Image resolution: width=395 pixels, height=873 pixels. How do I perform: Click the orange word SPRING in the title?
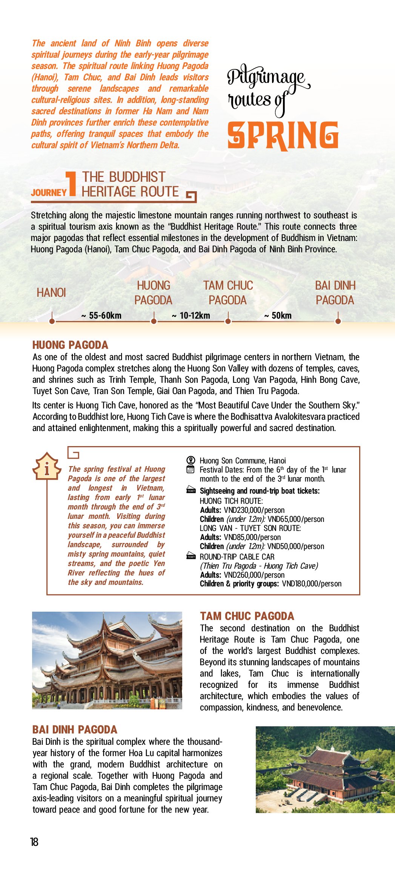tap(283, 136)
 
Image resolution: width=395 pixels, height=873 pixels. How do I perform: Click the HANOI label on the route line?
tap(51, 293)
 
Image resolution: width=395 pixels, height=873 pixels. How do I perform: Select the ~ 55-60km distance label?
tap(101, 316)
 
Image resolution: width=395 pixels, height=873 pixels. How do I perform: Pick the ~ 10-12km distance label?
tap(191, 316)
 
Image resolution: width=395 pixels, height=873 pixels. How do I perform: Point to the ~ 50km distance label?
tap(278, 316)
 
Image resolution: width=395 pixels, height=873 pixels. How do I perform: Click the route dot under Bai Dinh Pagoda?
tap(338, 321)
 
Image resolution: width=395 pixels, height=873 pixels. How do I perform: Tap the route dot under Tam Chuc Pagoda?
tap(228, 321)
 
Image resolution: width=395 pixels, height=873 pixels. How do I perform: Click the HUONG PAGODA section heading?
tap(70, 345)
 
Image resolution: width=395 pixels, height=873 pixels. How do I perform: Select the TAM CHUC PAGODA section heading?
tap(247, 616)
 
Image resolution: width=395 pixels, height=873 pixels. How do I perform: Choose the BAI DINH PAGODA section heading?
tap(75, 730)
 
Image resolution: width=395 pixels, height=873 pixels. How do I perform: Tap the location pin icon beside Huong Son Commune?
tap(191, 460)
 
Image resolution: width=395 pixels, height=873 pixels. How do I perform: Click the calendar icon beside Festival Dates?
tap(191, 469)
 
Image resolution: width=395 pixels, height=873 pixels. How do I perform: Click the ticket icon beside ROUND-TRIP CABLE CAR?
tap(191, 556)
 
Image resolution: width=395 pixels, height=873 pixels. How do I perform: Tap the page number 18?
tap(34, 842)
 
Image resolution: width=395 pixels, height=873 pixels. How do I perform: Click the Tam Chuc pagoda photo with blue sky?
tap(107, 660)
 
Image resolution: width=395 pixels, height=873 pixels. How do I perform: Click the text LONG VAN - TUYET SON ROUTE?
tap(250, 528)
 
